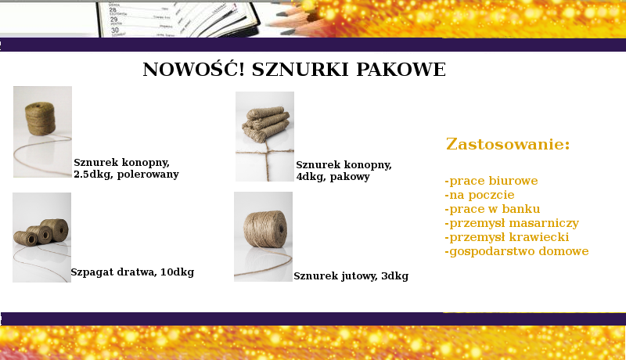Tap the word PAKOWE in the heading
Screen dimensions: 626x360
click(x=401, y=70)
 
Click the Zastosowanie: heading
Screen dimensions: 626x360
click(x=508, y=144)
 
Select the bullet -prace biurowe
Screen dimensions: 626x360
click(x=491, y=181)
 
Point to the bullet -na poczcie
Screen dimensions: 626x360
click(x=480, y=195)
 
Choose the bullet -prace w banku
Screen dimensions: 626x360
click(x=492, y=209)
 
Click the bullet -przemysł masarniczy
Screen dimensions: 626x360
click(x=512, y=223)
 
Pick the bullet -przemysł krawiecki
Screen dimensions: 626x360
click(x=506, y=237)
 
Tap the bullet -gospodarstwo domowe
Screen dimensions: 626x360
click(x=516, y=251)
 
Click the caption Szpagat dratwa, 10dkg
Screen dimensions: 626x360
click(x=132, y=272)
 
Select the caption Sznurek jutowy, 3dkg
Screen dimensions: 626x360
click(x=351, y=276)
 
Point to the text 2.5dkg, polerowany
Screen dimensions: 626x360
click(x=126, y=175)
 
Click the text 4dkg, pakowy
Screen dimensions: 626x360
click(x=333, y=176)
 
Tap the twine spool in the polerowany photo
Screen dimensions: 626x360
click(x=41, y=118)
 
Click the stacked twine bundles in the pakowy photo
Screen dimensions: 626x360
click(x=265, y=124)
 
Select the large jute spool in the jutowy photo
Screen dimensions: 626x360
click(x=265, y=229)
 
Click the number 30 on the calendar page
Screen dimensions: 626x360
click(x=115, y=30)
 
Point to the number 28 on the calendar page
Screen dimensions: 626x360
click(x=113, y=9)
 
